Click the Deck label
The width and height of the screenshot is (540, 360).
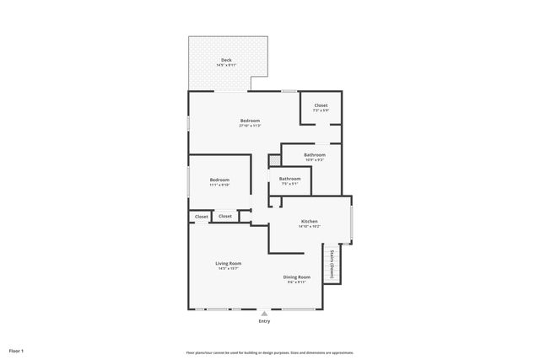(226, 60)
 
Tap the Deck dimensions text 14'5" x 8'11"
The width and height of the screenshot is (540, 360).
(226, 65)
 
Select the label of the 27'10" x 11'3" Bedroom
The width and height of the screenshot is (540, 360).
(249, 121)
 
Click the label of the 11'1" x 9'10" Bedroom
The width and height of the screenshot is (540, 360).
(219, 180)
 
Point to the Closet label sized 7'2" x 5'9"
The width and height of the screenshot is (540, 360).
(321, 105)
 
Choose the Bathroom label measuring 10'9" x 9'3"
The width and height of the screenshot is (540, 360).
(315, 155)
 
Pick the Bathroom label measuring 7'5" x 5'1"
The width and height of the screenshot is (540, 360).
(289, 178)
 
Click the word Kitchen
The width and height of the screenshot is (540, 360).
(310, 222)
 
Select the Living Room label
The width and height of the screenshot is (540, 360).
(229, 263)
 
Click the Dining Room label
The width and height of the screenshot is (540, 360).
(296, 277)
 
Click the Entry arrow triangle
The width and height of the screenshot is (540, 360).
(264, 314)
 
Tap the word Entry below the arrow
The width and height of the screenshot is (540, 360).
(264, 321)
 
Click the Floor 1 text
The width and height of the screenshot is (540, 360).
(16, 350)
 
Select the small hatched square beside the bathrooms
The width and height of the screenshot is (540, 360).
(273, 159)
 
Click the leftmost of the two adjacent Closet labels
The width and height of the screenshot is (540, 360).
(202, 217)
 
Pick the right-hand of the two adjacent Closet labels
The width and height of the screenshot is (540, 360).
(225, 217)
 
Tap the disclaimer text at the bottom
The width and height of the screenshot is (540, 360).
(269, 352)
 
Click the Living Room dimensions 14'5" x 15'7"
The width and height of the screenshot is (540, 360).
(229, 269)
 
